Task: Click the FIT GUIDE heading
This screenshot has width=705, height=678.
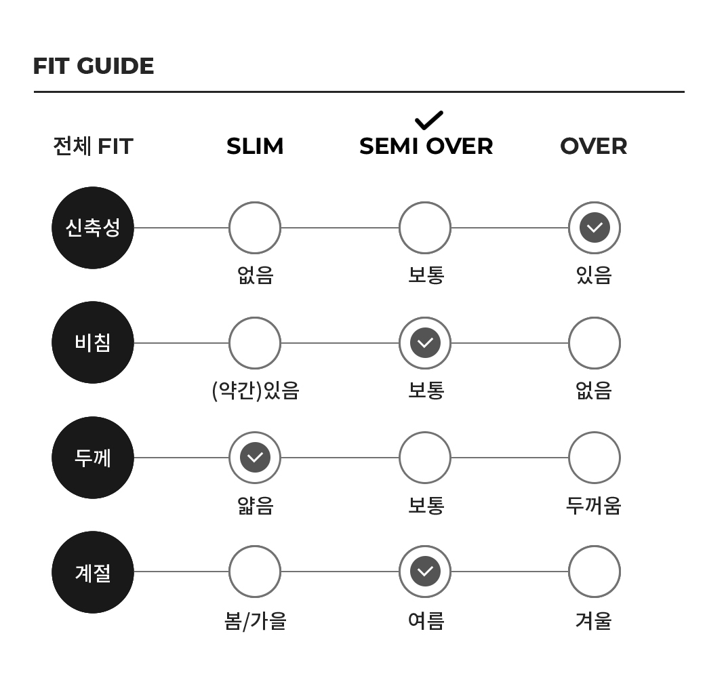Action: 94,66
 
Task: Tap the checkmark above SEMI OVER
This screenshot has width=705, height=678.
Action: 429,120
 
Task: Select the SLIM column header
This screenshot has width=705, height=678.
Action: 255,146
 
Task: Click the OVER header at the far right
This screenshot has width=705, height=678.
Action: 594,146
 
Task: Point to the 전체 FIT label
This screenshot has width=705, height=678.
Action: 93,146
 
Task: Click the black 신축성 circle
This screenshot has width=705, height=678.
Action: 93,228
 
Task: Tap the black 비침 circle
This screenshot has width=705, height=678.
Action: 93,342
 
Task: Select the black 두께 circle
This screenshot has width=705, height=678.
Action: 93,458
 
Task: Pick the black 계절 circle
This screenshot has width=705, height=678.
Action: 93,572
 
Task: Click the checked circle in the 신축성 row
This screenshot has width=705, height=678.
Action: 595,228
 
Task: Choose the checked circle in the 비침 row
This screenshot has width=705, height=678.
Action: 425,342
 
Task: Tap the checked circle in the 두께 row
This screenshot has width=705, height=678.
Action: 255,458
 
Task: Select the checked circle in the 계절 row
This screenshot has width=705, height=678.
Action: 425,572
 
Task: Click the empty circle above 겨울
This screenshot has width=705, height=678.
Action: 595,546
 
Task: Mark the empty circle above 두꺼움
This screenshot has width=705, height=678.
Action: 595,432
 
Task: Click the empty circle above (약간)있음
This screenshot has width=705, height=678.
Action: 255,317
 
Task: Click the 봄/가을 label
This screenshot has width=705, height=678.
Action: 256,621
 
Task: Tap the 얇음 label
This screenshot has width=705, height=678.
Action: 256,505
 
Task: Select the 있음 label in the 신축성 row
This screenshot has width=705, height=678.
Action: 594,275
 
